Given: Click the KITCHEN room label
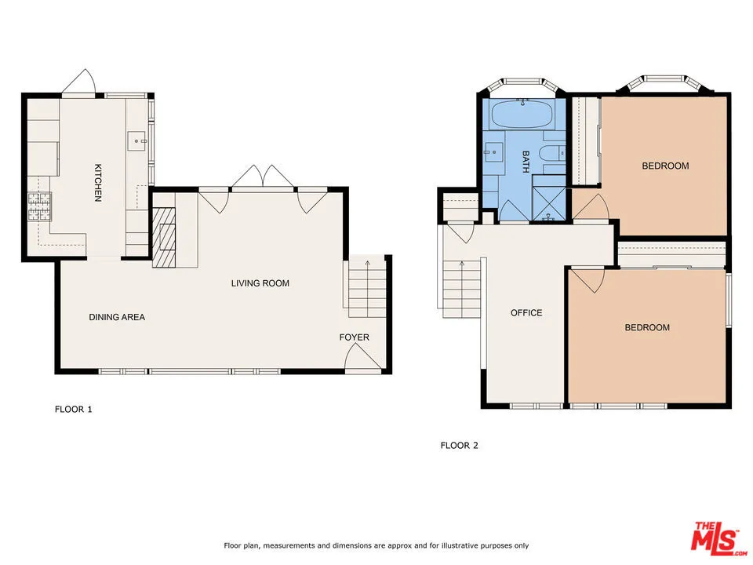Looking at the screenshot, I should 98,182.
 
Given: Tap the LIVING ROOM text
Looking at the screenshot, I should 260,283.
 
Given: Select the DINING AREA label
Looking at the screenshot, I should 117,317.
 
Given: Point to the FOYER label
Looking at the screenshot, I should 354,337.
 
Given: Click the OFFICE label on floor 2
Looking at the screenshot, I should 526,312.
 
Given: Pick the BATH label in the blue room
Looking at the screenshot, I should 526,162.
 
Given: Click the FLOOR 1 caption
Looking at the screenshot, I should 73,409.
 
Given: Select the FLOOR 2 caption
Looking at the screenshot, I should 459,446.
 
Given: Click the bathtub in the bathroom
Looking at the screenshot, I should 522,115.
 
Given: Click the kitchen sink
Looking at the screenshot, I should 138,141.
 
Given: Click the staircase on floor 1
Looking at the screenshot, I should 366,286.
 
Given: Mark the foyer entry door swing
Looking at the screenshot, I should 362,359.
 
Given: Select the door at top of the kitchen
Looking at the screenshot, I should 81,82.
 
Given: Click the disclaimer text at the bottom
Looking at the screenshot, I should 376,545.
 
